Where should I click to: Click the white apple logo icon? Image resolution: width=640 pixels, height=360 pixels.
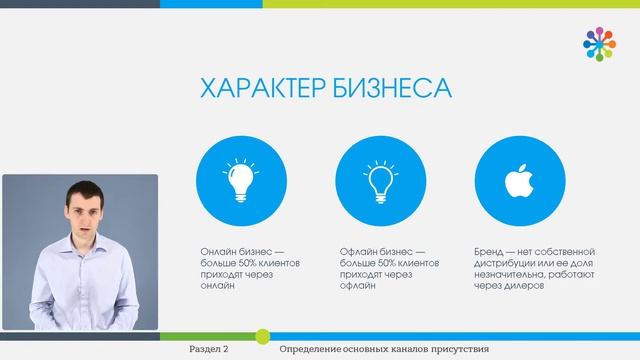516,181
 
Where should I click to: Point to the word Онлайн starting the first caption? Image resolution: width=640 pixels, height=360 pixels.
218,251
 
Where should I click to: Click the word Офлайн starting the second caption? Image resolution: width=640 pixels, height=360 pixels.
357,251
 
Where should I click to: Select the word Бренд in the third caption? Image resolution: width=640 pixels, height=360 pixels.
493,251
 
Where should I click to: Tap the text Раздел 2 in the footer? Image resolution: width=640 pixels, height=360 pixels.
209,350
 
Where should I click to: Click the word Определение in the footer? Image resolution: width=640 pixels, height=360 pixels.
313,350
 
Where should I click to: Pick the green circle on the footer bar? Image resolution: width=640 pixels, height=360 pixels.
263,335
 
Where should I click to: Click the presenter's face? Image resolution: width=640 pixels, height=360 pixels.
83,214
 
